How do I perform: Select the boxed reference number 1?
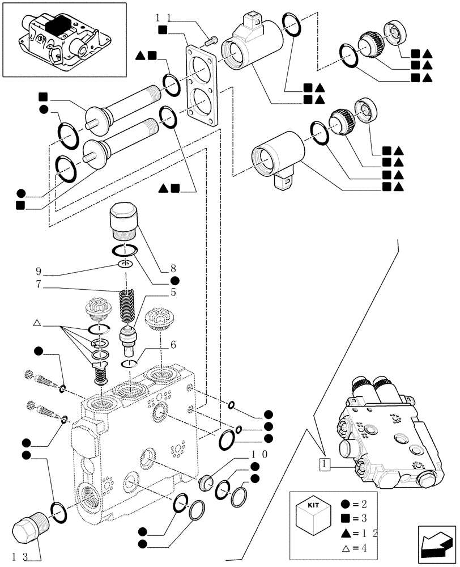[x=324, y=464]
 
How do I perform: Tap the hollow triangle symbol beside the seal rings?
[x=37, y=323]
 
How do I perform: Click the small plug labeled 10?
[x=206, y=483]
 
